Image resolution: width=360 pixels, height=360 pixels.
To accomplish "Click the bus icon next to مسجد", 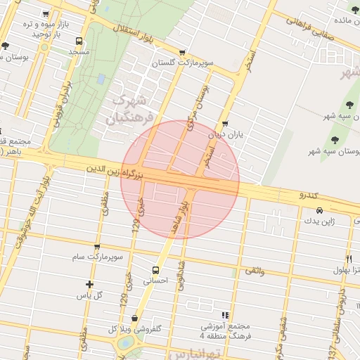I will point(78,41).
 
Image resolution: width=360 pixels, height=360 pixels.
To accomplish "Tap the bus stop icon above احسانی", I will point(155,269).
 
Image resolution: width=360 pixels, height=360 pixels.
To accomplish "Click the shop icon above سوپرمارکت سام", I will point(96,246).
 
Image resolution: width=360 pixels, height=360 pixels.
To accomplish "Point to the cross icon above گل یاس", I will point(89,284).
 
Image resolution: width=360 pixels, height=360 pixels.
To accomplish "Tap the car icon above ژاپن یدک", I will point(320,210).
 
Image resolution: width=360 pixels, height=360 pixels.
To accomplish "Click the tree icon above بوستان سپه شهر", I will point(334,139).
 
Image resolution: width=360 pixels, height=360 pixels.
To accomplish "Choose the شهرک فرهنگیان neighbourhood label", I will point(129,110).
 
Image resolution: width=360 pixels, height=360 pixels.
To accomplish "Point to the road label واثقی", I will point(254,270).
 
